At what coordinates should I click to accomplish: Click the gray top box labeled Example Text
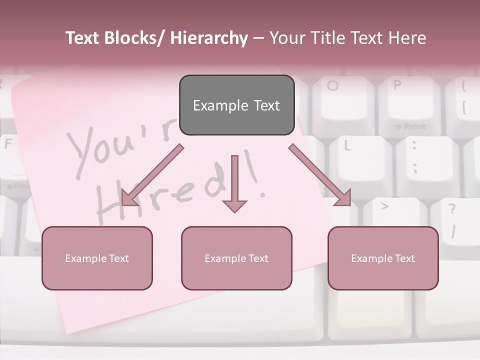click(236, 105)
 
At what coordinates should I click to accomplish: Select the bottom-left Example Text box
click(97, 258)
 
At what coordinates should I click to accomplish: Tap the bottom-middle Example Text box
click(236, 258)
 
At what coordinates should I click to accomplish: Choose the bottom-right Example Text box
click(383, 258)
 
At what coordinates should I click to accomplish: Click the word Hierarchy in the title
click(209, 38)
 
